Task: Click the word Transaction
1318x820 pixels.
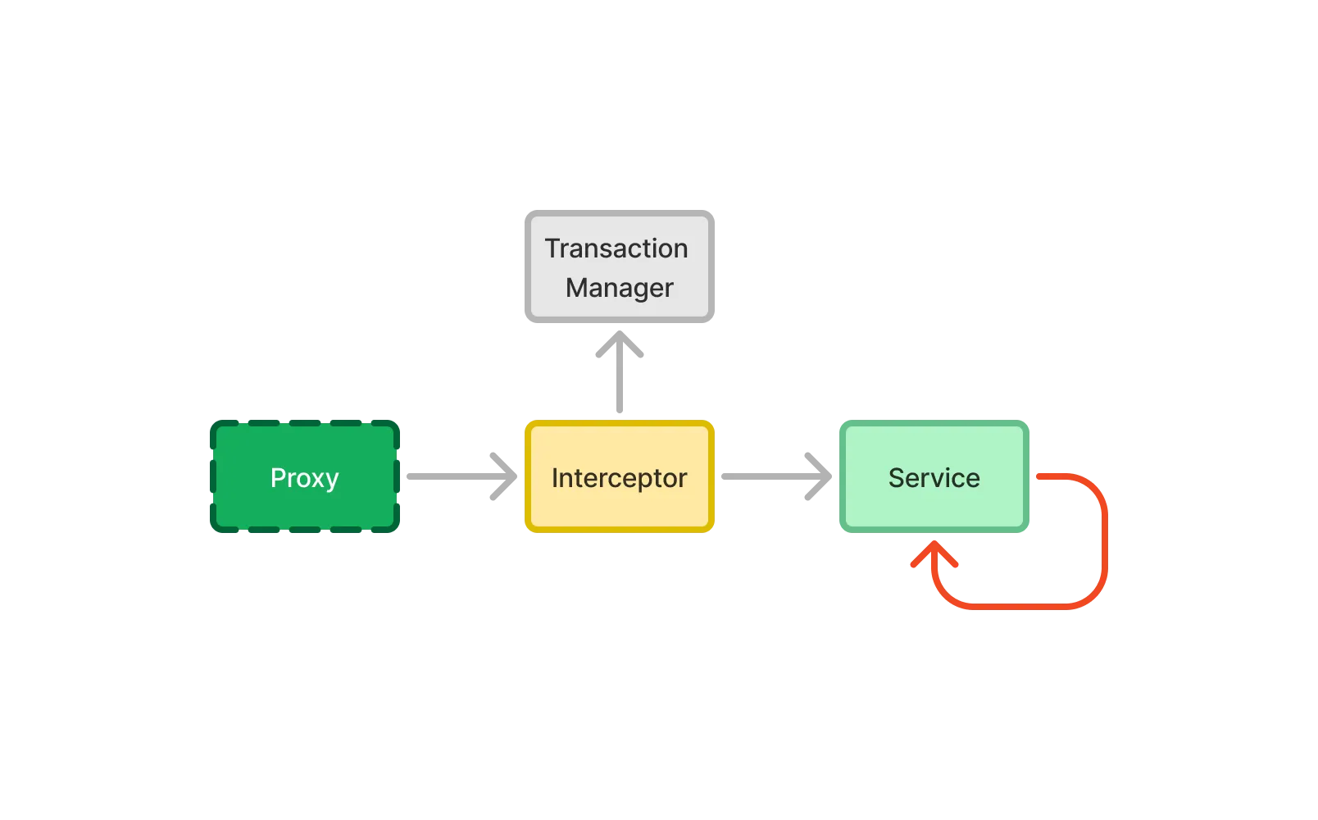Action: pyautogui.click(x=616, y=248)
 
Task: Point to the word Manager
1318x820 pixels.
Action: pyautogui.click(x=619, y=288)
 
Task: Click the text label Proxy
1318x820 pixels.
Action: pyautogui.click(x=304, y=478)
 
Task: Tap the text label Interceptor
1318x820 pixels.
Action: pyautogui.click(x=619, y=478)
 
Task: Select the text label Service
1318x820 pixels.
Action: pyautogui.click(x=934, y=478)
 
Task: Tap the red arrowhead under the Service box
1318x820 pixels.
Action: pyautogui.click(x=934, y=556)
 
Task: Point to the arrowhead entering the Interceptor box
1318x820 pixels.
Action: pyautogui.click(x=505, y=476)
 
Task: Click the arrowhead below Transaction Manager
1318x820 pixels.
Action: pyautogui.click(x=619, y=344)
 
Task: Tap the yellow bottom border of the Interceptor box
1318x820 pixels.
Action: pyautogui.click(x=619, y=530)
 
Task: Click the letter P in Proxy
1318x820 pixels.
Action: pyautogui.click(x=278, y=477)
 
